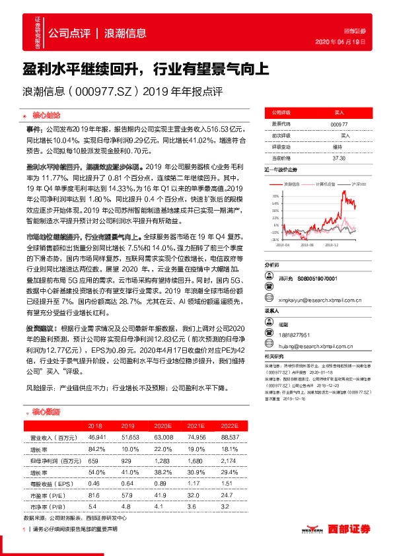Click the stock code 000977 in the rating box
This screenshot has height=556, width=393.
pos(339,124)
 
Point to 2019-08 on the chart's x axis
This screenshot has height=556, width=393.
pos(308,244)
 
